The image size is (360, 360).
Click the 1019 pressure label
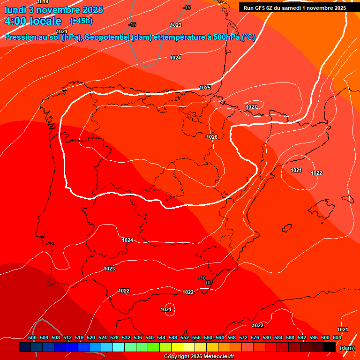click(x=43, y=2)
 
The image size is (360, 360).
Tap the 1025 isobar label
click(x=205, y=88)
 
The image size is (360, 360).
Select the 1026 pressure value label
click(x=212, y=137)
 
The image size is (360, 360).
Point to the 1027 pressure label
click(x=251, y=107)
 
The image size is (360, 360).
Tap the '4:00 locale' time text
click(x=33, y=21)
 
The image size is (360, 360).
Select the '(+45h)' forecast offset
click(x=81, y=21)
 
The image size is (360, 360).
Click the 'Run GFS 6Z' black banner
click(x=294, y=8)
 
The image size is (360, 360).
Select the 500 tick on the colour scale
click(x=32, y=337)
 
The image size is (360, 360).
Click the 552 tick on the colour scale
click(x=185, y=337)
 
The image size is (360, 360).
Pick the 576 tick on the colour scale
click(x=255, y=337)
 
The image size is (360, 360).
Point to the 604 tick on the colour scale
click(x=337, y=337)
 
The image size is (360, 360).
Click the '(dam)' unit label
click(x=347, y=348)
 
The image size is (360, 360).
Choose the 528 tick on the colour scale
click(x=114, y=337)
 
